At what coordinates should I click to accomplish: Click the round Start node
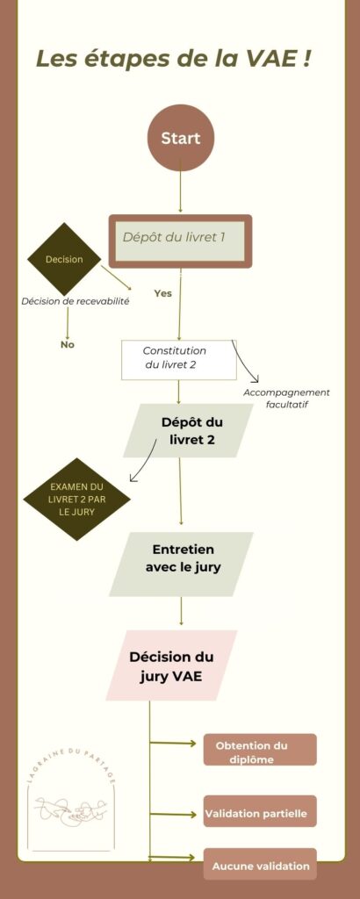pos(180,138)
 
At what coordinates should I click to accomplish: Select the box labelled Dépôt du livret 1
pos(180,241)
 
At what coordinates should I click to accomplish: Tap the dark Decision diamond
pos(64,259)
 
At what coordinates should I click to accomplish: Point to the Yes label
pos(162,293)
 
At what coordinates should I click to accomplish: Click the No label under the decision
pos(67,344)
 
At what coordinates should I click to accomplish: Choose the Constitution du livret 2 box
pos(179,359)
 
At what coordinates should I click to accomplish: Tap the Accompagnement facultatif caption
pos(286,399)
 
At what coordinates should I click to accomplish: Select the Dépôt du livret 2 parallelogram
pos(187,430)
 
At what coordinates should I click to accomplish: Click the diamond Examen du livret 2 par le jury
pos(76,499)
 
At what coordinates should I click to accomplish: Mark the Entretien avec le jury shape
pos(181,565)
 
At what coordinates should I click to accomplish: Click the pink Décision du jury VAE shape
pos(171,665)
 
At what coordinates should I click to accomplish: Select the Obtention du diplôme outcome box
pos(260,750)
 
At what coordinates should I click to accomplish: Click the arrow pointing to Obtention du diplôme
pos(173,744)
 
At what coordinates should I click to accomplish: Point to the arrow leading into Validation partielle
pos(173,814)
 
